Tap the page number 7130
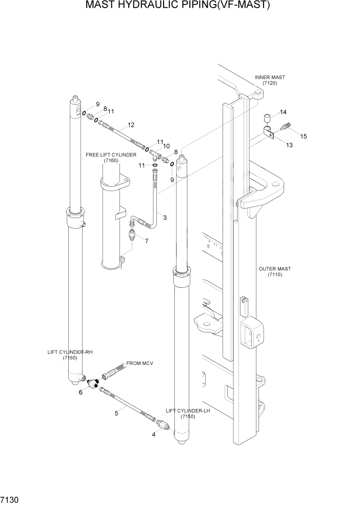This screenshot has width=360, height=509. coord(10,499)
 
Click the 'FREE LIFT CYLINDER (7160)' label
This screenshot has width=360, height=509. coord(111,158)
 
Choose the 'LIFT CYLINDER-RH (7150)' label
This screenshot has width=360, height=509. coord(70,355)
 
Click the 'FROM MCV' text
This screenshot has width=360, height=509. coord(139,363)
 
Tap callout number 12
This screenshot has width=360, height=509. coord(131,125)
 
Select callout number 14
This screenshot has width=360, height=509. coord(283,112)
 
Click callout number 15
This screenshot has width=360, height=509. coord(303,136)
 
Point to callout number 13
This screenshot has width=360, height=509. coord(289,145)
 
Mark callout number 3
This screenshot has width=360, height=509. coord(165,218)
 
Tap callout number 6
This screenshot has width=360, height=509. coord(81,393)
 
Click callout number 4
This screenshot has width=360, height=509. coord(153,434)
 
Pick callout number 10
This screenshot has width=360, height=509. coord(166,146)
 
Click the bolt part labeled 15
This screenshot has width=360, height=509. coord(286,125)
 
